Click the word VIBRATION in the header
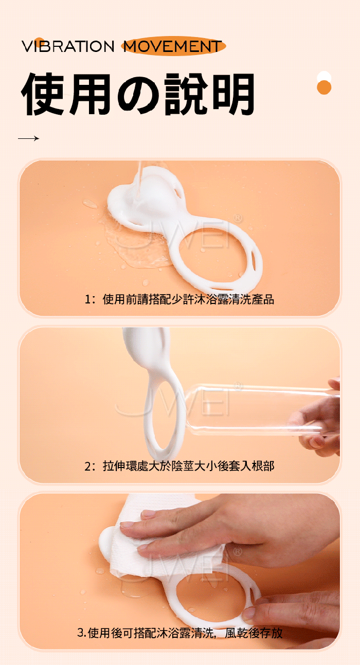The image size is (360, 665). [68, 47]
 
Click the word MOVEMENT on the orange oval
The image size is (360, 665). [172, 47]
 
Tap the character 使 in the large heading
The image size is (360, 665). [43, 94]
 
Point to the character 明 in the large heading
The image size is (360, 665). [232, 94]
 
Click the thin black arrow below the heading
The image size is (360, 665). [28, 138]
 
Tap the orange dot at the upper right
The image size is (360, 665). [324, 87]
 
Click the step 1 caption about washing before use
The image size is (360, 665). [179, 299]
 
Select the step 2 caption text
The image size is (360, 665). [179, 466]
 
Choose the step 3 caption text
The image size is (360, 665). [179, 633]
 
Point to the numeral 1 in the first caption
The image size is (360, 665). [87, 299]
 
